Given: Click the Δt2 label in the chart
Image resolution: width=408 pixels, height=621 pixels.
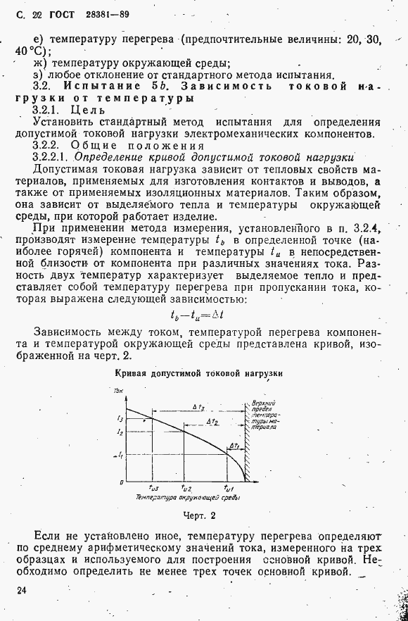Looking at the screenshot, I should [212, 421].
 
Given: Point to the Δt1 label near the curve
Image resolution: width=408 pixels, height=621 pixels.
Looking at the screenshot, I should [234, 446].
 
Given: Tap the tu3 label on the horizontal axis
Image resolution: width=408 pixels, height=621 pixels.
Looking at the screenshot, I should [153, 488].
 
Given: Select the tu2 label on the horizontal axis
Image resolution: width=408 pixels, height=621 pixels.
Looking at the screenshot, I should [186, 488].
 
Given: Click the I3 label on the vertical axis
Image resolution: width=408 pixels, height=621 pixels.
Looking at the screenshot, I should [120, 418].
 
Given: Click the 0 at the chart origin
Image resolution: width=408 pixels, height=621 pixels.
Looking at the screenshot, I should [121, 482].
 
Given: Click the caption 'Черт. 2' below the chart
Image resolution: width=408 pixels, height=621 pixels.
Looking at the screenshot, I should [198, 515].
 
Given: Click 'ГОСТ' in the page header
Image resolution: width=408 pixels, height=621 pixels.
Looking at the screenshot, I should [60, 14].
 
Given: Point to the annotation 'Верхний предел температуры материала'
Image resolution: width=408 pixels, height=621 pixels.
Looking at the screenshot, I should [263, 415].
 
